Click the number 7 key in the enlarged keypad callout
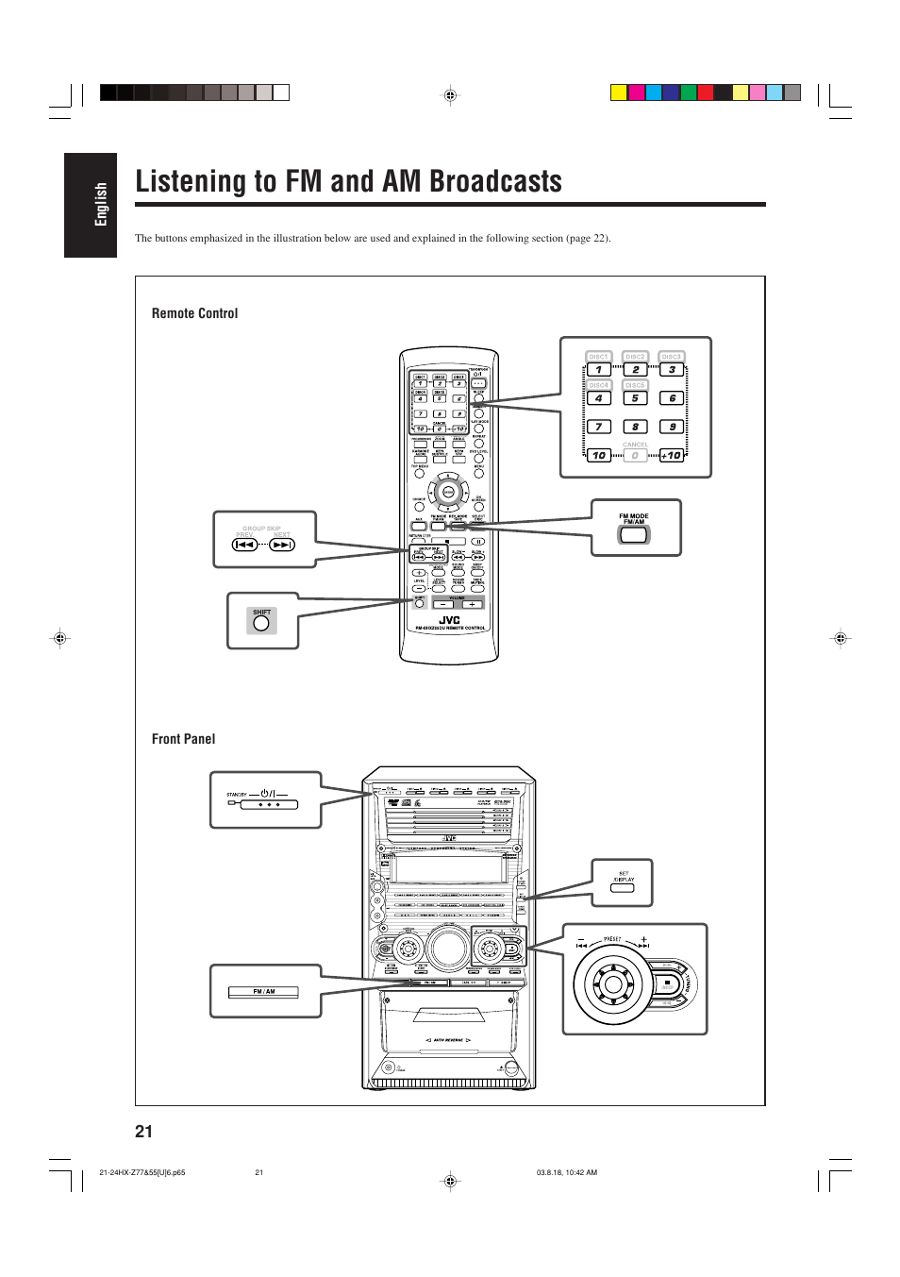598,427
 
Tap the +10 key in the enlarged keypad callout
671,455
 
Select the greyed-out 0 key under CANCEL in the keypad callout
635,455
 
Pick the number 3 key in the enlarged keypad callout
671,370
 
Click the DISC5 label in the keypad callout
635,385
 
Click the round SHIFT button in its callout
261,623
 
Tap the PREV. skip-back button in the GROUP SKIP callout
244,545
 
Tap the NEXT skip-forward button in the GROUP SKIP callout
281,545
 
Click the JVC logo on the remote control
449,620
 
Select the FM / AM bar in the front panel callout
263,992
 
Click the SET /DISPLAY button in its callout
623,888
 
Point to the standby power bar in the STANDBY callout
269,805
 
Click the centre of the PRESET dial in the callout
613,984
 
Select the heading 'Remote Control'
194,313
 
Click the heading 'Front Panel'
183,739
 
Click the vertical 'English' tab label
101,204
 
